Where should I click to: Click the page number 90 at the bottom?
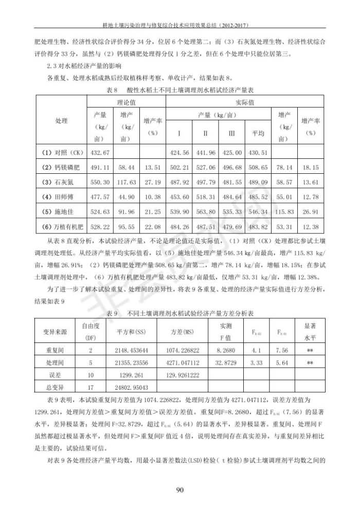180,489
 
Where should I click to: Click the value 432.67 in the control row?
100,153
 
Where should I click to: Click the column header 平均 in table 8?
258,133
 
